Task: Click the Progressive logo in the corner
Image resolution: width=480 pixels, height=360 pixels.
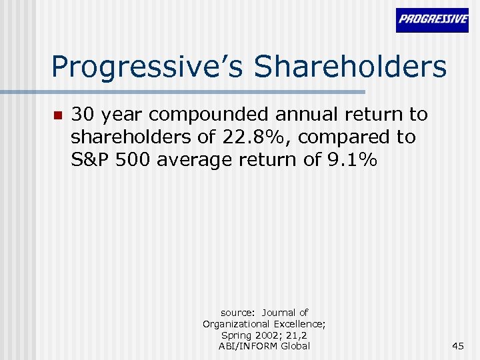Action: coord(432,20)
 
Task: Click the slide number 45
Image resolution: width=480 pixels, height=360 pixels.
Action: coord(458,345)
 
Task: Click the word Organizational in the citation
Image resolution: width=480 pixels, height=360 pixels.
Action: coord(234,323)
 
